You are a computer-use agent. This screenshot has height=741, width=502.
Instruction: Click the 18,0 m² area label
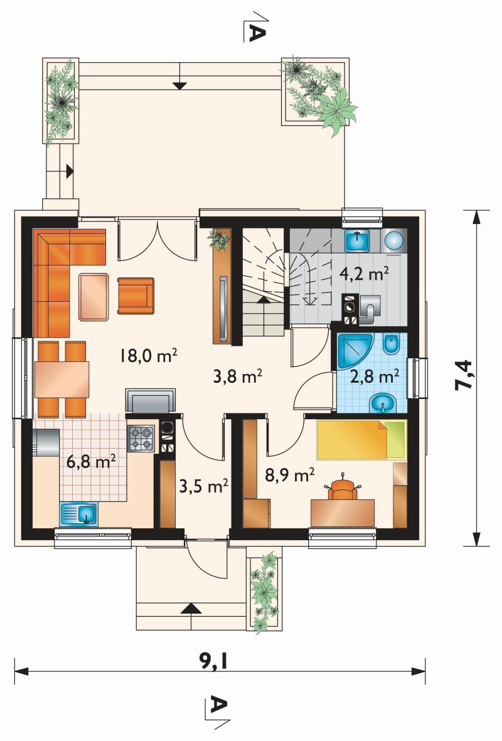(148, 355)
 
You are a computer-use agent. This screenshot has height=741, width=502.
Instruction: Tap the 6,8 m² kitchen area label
(91, 461)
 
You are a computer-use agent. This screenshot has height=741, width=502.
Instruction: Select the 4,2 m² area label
(365, 274)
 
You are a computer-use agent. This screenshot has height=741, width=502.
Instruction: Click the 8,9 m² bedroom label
(290, 474)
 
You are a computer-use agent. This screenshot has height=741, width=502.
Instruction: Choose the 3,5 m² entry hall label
(204, 486)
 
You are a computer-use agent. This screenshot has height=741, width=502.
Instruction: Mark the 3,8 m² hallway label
(238, 376)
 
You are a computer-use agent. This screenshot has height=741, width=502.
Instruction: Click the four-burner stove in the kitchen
(141, 437)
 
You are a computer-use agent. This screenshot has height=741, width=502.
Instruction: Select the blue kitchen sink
(78, 514)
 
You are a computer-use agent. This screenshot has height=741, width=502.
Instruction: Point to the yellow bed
(361, 439)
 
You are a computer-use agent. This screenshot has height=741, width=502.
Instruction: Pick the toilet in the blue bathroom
(392, 344)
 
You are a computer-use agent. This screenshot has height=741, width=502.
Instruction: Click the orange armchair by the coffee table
(136, 296)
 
